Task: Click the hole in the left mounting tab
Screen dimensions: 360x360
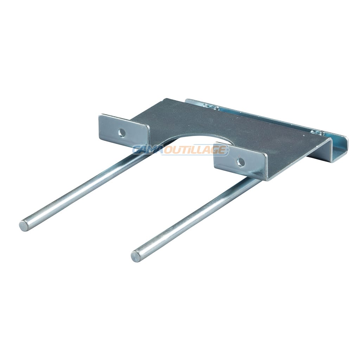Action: [122, 133]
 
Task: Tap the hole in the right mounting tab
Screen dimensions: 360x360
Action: [240, 162]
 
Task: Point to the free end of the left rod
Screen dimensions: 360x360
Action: [24, 225]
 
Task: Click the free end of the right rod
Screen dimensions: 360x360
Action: [136, 256]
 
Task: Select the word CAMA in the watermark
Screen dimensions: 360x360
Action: [147, 150]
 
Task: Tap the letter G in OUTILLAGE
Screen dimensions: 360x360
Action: [213, 150]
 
